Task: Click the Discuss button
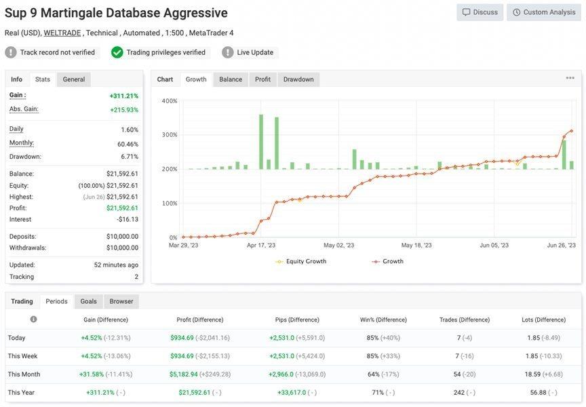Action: (x=480, y=12)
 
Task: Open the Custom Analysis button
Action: (x=543, y=12)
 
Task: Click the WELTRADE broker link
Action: (x=63, y=33)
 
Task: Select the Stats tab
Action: (x=43, y=79)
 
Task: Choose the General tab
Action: (x=74, y=79)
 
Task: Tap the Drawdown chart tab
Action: (x=298, y=79)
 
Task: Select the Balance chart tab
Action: (x=231, y=79)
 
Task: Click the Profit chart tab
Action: (x=262, y=79)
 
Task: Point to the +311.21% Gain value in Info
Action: (x=123, y=96)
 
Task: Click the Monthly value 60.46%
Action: (x=128, y=144)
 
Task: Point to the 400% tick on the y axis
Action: (x=170, y=101)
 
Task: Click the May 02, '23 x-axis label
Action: (x=338, y=246)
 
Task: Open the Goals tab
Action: (x=88, y=301)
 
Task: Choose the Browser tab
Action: (x=121, y=301)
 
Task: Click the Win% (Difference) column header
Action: (x=383, y=319)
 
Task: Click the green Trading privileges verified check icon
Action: (x=117, y=52)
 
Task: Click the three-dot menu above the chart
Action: (x=570, y=78)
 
